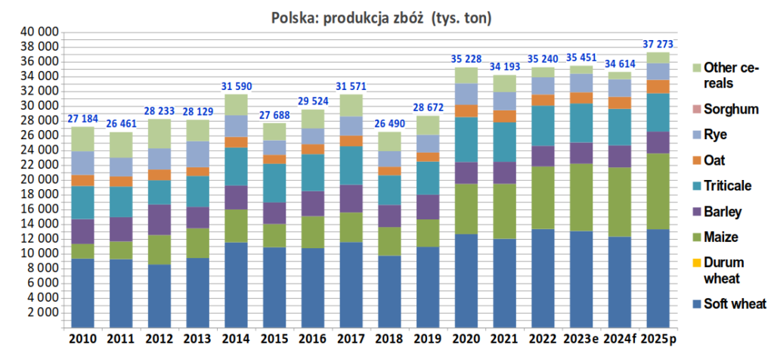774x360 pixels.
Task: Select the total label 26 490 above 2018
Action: pyautogui.click(x=388, y=123)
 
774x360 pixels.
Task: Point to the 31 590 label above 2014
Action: pyautogui.click(x=237, y=85)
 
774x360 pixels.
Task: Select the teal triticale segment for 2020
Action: pyautogui.click(x=466, y=139)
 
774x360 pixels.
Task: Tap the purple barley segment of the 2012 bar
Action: pyautogui.click(x=159, y=219)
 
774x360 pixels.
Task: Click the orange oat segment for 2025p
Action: pyautogui.click(x=658, y=86)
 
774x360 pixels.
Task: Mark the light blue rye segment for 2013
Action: pyautogui.click(x=198, y=154)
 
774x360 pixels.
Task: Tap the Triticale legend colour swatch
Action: pyautogui.click(x=695, y=185)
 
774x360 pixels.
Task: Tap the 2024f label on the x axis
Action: pyautogui.click(x=620, y=339)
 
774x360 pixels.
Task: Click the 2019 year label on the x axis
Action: pyautogui.click(x=427, y=339)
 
